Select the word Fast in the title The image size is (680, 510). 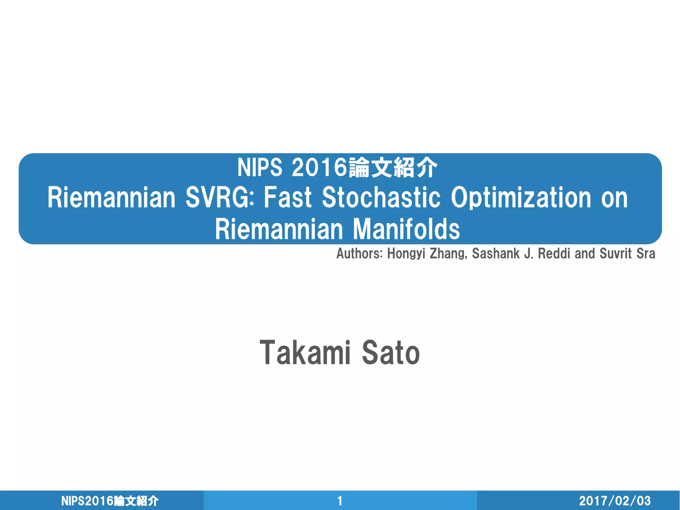coord(288,198)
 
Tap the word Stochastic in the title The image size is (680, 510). coord(381,198)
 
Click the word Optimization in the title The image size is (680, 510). coord(521,198)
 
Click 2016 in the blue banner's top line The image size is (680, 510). coord(319,167)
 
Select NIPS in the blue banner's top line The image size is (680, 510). coord(260,167)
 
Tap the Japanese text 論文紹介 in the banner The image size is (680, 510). coord(392,167)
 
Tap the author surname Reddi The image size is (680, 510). coord(555,254)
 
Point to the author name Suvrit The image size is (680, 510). coord(615,254)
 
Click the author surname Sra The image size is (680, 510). coord(646,254)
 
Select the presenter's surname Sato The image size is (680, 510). coord(391,353)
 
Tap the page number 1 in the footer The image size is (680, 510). coord(340,501)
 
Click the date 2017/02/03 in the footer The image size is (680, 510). coord(615,501)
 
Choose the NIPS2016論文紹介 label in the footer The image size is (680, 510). coord(110,501)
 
